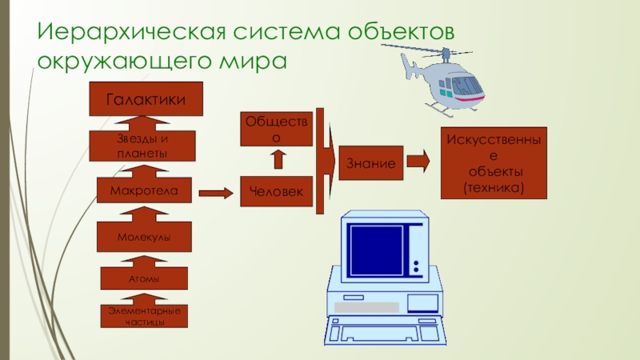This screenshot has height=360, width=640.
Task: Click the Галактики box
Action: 146,98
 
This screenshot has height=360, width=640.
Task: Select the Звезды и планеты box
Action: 142,146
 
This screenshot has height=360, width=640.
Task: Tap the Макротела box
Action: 144,190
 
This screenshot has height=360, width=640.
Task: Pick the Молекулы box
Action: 144,237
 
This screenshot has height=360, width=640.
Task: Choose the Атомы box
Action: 144,278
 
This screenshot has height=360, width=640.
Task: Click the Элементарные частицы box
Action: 144,316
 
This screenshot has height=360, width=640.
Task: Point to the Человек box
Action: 276,191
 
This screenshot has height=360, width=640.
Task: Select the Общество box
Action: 276,129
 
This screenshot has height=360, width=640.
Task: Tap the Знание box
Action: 371,163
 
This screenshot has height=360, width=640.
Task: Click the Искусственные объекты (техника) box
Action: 494,163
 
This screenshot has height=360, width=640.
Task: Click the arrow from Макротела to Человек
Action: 216,193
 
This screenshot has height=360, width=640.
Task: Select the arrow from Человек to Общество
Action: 278,159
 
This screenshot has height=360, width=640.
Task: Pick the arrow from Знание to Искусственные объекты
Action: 418,161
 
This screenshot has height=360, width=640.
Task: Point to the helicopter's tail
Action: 410,66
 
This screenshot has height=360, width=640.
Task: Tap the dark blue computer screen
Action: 376,250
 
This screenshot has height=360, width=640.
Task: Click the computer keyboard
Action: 386,330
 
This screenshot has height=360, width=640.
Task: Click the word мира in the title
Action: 253,61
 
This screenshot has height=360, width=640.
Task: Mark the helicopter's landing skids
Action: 449,109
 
